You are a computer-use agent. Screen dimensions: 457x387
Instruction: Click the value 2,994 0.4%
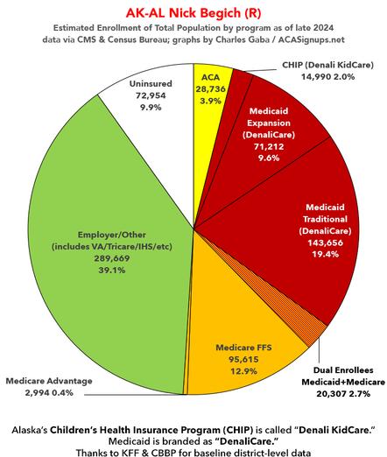[48, 394]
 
